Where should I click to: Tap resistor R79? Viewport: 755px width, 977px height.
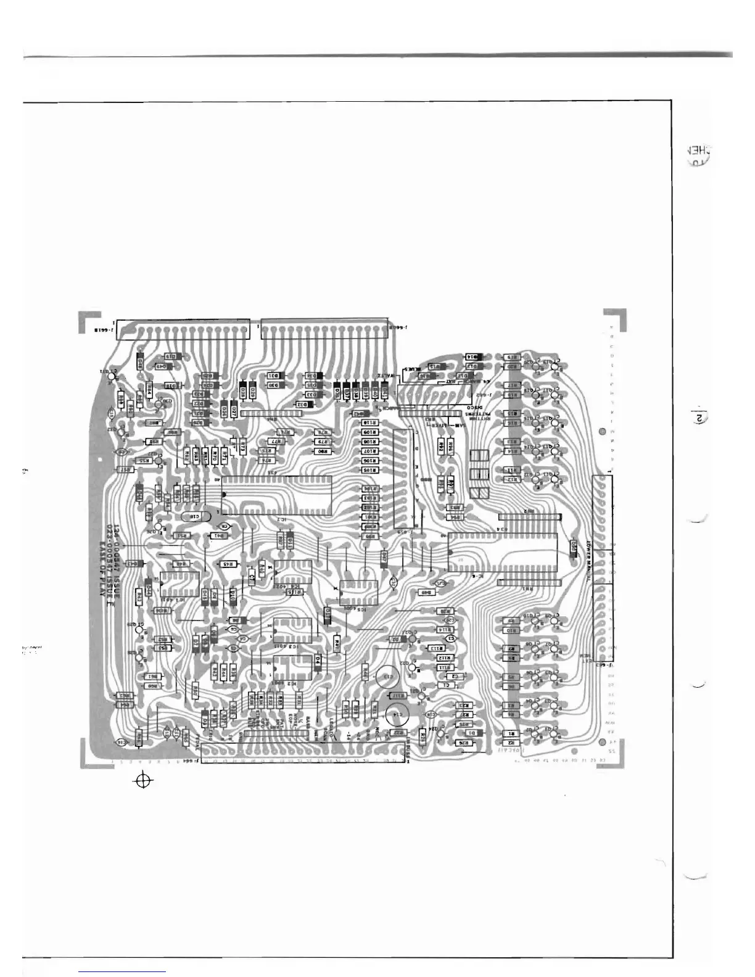point(321,442)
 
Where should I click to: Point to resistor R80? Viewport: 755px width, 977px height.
point(321,451)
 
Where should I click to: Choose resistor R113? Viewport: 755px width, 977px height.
point(435,649)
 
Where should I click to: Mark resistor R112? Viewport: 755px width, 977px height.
point(445,658)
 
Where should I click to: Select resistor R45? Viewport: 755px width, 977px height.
point(227,564)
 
